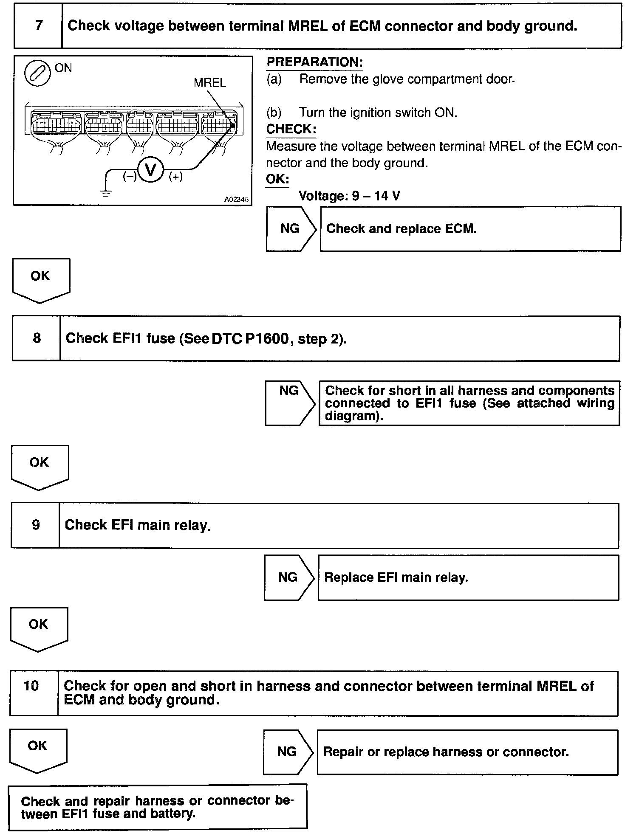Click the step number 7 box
38,26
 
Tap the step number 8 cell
37,338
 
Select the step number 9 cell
36,525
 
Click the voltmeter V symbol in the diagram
151,170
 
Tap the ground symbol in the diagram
105,194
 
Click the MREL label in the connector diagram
209,83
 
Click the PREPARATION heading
314,62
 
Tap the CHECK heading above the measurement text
291,129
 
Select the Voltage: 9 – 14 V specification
349,196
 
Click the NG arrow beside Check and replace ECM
291,228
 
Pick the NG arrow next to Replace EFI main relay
288,577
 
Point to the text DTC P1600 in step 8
250,338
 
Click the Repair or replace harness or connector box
467,752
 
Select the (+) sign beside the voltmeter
175,177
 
